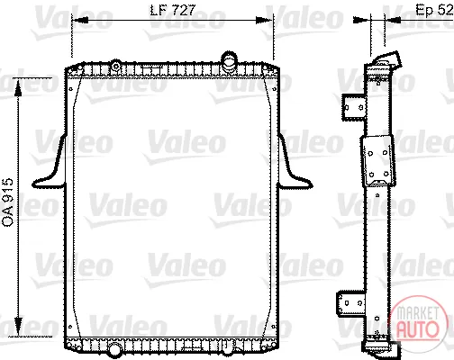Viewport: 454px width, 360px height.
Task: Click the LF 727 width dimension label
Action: [172, 10]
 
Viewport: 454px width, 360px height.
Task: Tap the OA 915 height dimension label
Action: [7, 202]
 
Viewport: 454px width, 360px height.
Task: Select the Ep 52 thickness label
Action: [434, 10]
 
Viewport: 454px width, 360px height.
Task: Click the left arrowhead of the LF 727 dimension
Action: [80, 20]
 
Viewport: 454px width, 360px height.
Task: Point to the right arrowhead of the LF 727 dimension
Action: [263, 20]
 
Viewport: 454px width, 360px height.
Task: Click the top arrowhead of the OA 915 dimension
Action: [18, 88]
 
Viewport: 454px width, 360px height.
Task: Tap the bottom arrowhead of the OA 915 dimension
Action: [18, 326]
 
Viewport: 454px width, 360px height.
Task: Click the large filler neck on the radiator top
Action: [229, 60]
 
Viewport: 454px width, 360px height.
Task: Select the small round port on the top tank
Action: [115, 66]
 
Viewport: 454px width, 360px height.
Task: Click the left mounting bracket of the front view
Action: [50, 162]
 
